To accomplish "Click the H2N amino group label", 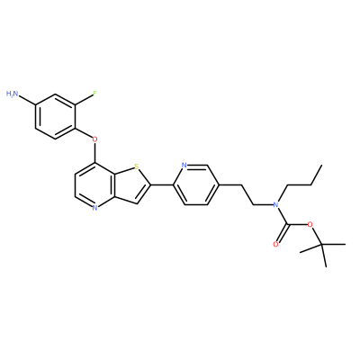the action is point(13,94).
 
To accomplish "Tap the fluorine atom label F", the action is point(94,94).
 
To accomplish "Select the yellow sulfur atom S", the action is point(137,166).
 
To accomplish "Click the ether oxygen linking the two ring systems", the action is point(94,139).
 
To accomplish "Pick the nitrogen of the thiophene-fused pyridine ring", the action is point(94,208).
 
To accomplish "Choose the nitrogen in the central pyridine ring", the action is point(184,166).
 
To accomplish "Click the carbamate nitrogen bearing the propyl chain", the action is point(275,204).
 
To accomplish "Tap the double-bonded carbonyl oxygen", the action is point(275,245).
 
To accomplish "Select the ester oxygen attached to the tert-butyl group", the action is point(310,225).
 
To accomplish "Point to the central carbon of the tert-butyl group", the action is point(321,245).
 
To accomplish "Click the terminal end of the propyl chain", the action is point(321,165).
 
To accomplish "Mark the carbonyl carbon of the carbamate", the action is point(287,224).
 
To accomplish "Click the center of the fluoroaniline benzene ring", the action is point(55,116).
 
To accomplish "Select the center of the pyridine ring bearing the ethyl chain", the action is point(196,184).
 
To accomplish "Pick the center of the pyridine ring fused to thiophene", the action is point(95,185).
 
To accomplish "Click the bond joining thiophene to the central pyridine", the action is point(162,185).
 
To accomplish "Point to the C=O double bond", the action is point(282,233).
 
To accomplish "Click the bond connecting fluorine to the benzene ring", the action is point(84,100).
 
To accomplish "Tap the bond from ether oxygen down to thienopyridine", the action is point(95,153).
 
